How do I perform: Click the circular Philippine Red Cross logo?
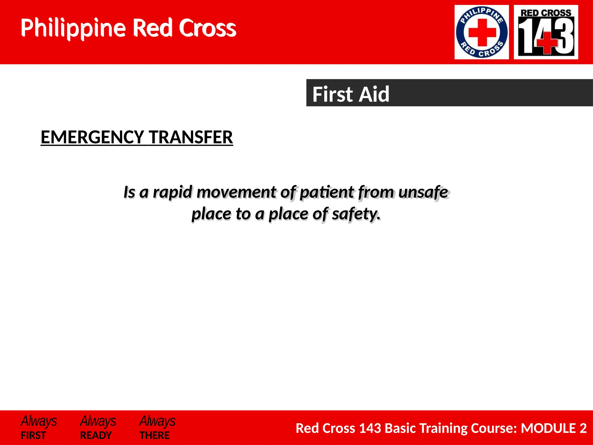[x=482, y=32]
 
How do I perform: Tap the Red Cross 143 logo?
[x=546, y=32]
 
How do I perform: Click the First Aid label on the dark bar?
[x=351, y=94]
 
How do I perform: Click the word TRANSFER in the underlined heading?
[x=191, y=137]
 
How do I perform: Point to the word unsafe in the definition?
[x=423, y=192]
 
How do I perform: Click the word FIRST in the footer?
[x=33, y=435]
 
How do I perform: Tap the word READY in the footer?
[x=96, y=435]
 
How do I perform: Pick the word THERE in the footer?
[x=155, y=435]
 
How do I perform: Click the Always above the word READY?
[x=98, y=421]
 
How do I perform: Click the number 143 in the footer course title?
[x=370, y=428]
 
